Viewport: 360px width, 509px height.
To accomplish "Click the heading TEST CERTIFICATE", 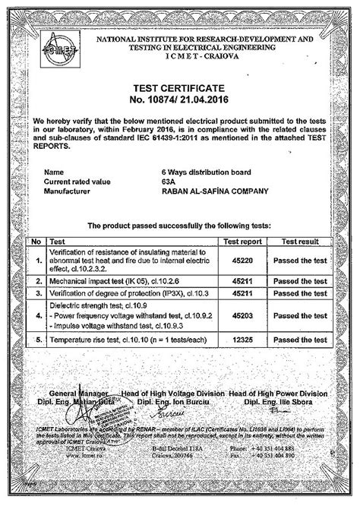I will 180,88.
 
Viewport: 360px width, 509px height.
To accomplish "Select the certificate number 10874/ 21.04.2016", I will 180,100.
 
